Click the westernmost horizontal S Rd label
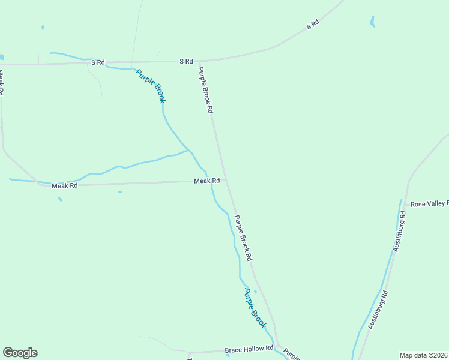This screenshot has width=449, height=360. pyautogui.click(x=98, y=62)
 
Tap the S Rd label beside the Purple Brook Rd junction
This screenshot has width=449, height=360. pyautogui.click(x=186, y=61)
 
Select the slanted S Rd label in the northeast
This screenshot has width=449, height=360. pyautogui.click(x=312, y=25)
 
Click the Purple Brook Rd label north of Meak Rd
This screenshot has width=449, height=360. pyautogui.click(x=206, y=90)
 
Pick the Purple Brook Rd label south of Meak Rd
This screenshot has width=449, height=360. pyautogui.click(x=243, y=238)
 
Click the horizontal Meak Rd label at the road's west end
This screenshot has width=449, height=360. pyautogui.click(x=65, y=185)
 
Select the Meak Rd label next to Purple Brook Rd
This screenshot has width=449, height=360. pyautogui.click(x=206, y=181)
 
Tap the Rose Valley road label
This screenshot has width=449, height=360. pyautogui.click(x=429, y=204)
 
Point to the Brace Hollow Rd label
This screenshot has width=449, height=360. pyautogui.click(x=249, y=349)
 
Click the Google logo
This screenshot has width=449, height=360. pyautogui.click(x=20, y=353)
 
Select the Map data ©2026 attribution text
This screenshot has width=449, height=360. pyautogui.click(x=423, y=355)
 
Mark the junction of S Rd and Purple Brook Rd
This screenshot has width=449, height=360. pyautogui.click(x=199, y=61)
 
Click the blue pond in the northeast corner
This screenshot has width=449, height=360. pyautogui.click(x=373, y=22)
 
